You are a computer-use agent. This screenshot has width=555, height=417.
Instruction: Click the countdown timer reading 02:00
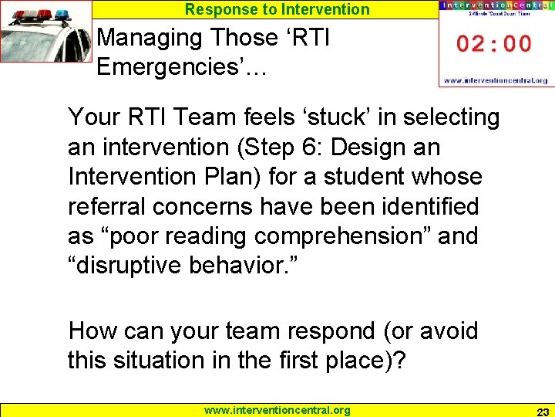coord(494,43)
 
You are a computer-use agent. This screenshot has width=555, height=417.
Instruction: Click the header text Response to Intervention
coord(277,9)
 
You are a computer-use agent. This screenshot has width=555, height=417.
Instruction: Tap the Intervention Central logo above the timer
coord(494,6)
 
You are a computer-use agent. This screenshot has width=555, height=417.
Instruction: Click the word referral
coord(107,206)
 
